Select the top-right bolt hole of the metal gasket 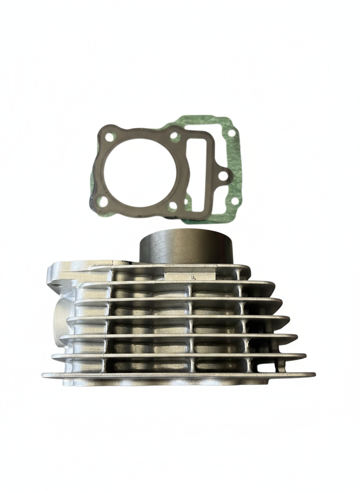(x=175, y=135)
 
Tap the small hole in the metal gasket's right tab (x=224, y=174)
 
